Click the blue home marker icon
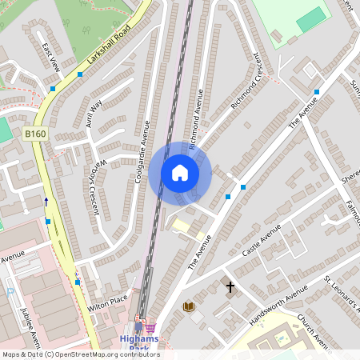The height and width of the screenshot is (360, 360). click(x=180, y=173)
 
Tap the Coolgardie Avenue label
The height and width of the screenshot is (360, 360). click(x=143, y=151)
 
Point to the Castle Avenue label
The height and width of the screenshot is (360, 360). click(x=262, y=239)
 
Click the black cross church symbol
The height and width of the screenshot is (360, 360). click(x=230, y=286)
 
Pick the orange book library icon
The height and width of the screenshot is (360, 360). click(x=189, y=306)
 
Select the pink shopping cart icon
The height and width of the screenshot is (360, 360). click(x=150, y=326)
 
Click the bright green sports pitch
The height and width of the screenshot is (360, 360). click(x=311, y=20)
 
